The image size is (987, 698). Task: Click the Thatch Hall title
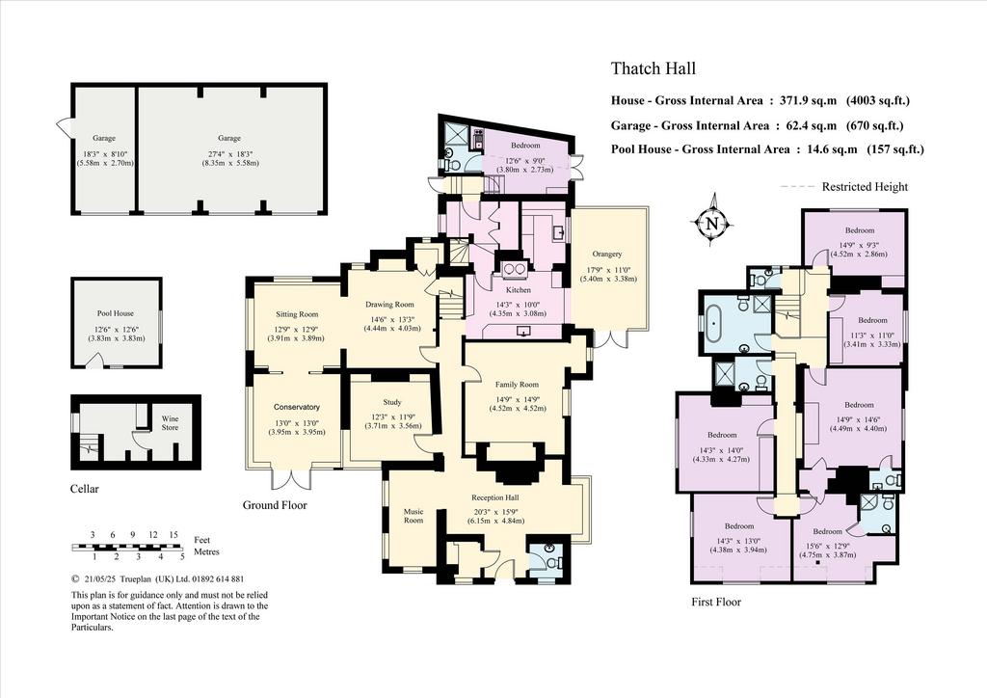[x=654, y=68]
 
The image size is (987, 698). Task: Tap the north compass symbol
[x=712, y=223]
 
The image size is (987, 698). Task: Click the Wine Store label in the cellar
[x=170, y=423]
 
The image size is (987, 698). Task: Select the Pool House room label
[x=116, y=312]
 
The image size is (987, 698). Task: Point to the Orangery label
[x=607, y=254]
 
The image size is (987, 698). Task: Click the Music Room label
[x=413, y=516]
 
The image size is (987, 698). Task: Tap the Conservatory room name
[x=297, y=407]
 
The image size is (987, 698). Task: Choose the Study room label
[x=391, y=402]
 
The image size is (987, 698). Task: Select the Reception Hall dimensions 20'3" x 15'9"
[x=496, y=511]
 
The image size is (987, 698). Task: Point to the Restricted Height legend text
[x=865, y=187]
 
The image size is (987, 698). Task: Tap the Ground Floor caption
[x=275, y=505]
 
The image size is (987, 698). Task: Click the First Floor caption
[x=716, y=602]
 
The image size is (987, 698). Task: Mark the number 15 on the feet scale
[x=173, y=534]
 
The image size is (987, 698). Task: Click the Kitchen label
[x=518, y=290]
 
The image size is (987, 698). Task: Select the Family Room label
[x=517, y=385]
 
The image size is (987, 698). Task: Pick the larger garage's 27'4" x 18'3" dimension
[x=229, y=154]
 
